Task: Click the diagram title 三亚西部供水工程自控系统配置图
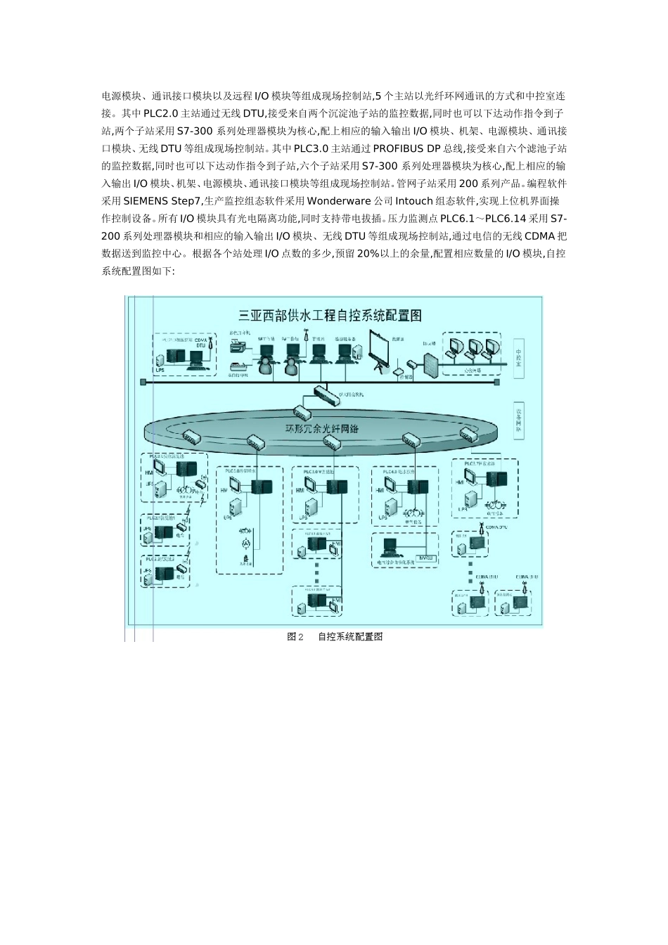[330, 316]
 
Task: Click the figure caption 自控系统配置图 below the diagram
[349, 636]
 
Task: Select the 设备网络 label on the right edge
[519, 420]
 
